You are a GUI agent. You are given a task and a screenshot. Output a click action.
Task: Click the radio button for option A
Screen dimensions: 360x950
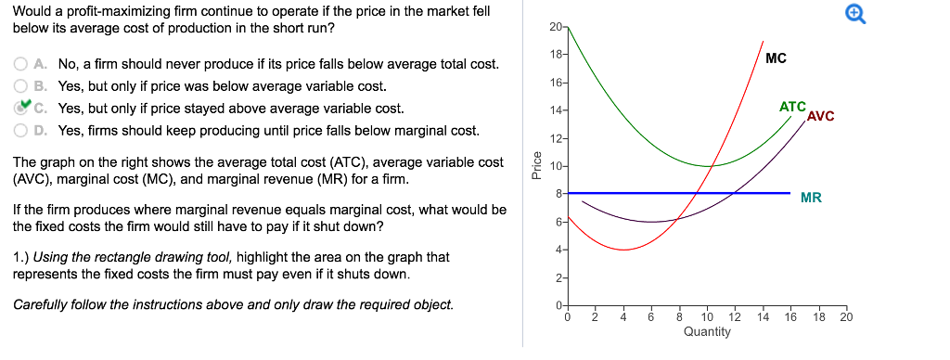click(x=20, y=65)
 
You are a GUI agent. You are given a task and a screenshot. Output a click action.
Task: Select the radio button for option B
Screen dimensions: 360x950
click(x=20, y=86)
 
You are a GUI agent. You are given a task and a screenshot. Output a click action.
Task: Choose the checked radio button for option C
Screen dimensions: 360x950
click(x=20, y=108)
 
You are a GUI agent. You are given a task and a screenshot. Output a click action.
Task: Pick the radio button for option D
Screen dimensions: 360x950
click(x=20, y=130)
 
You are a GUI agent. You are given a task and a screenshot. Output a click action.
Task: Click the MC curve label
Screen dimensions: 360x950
click(x=777, y=58)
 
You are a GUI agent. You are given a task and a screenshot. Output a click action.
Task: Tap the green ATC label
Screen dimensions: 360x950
click(x=792, y=107)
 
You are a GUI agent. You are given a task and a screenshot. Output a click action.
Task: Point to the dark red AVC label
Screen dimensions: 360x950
click(x=821, y=116)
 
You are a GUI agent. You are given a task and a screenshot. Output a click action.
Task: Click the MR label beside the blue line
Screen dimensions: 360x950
click(x=811, y=198)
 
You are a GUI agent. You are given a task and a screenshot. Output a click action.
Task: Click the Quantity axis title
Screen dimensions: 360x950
click(x=707, y=331)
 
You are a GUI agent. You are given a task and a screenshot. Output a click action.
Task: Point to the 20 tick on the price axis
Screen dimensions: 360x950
click(x=555, y=27)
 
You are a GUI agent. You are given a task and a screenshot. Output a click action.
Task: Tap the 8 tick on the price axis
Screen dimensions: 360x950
click(x=557, y=194)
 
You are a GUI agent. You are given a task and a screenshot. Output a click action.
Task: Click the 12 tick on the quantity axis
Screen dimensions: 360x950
click(x=735, y=317)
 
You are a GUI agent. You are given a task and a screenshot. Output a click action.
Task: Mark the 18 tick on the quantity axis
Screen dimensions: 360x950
click(x=818, y=317)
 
